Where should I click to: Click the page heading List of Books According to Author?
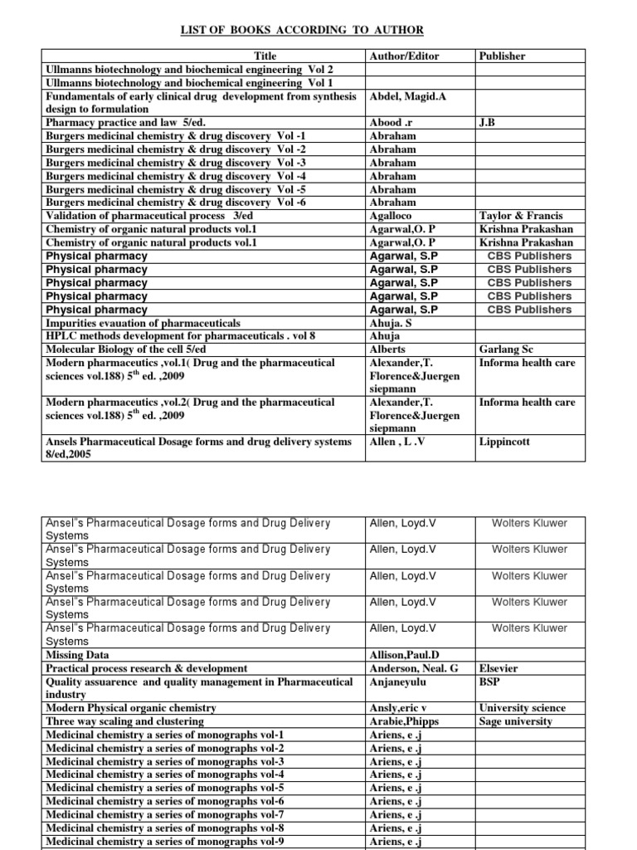coord(303,30)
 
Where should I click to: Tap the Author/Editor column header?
coord(403,56)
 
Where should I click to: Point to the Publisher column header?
coord(503,56)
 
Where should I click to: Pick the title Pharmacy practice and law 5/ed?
coord(119,123)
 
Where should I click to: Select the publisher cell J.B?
coord(488,123)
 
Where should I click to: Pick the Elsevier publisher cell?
coord(500,668)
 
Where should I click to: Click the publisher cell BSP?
coord(490,681)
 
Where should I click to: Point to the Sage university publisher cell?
coord(515,721)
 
